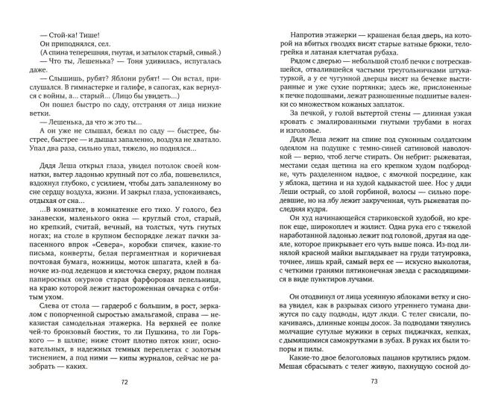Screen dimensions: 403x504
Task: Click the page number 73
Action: tap(374, 382)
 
